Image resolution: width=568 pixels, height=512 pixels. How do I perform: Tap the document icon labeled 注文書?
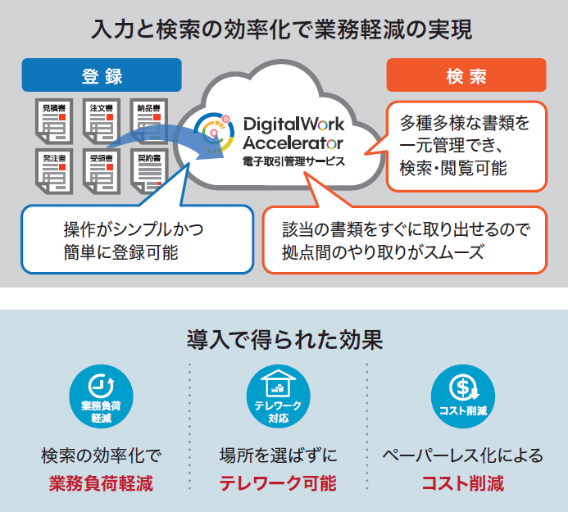(x=102, y=119)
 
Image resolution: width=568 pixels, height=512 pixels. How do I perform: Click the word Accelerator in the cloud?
(x=293, y=143)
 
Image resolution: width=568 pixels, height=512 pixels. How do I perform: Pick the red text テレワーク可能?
(x=278, y=483)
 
